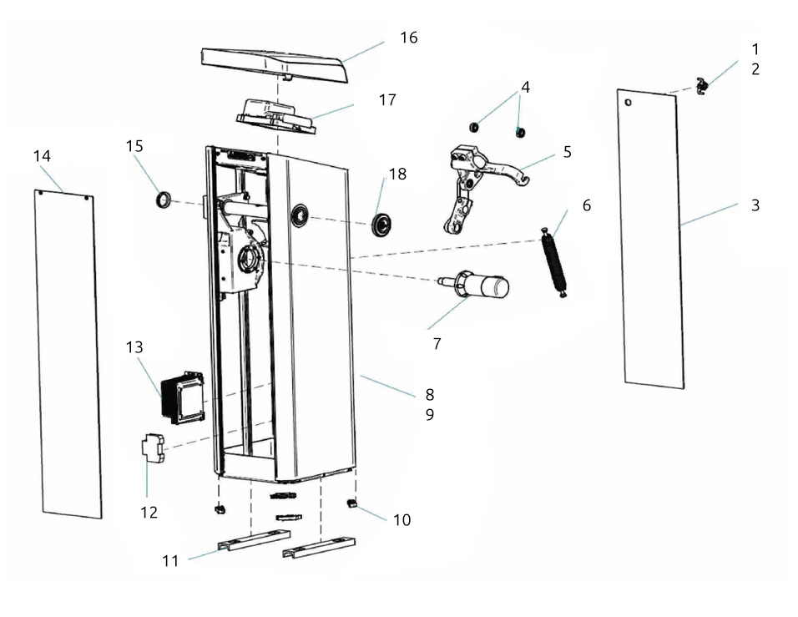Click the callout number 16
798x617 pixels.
pyautogui.click(x=408, y=38)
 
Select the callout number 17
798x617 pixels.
pyautogui.click(x=386, y=100)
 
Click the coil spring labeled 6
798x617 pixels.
pyautogui.click(x=555, y=262)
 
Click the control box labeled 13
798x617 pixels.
pyautogui.click(x=183, y=396)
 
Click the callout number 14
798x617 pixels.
pyautogui.click(x=42, y=156)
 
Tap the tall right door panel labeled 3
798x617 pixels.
pyautogui.click(x=651, y=238)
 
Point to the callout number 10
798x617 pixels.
pyautogui.click(x=402, y=519)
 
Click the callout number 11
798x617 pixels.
pyautogui.click(x=170, y=560)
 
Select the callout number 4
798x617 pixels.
pyautogui.click(x=525, y=87)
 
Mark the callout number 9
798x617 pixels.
pyautogui.click(x=429, y=414)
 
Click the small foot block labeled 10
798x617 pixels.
pyautogui.click(x=351, y=503)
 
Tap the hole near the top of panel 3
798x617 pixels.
pyautogui.click(x=629, y=103)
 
